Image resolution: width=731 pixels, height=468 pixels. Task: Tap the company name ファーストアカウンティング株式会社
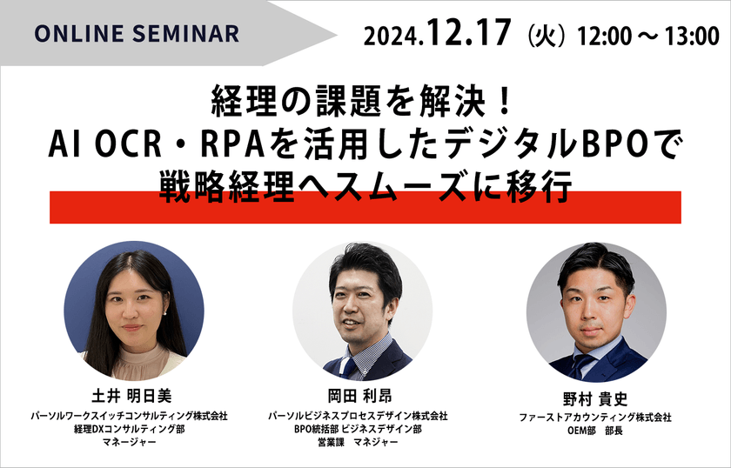coord(596,418)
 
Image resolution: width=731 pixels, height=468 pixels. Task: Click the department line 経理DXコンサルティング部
coord(134,430)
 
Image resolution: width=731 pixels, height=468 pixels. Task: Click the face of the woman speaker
coord(130,304)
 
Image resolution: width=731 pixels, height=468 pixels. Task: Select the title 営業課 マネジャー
coord(365,443)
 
